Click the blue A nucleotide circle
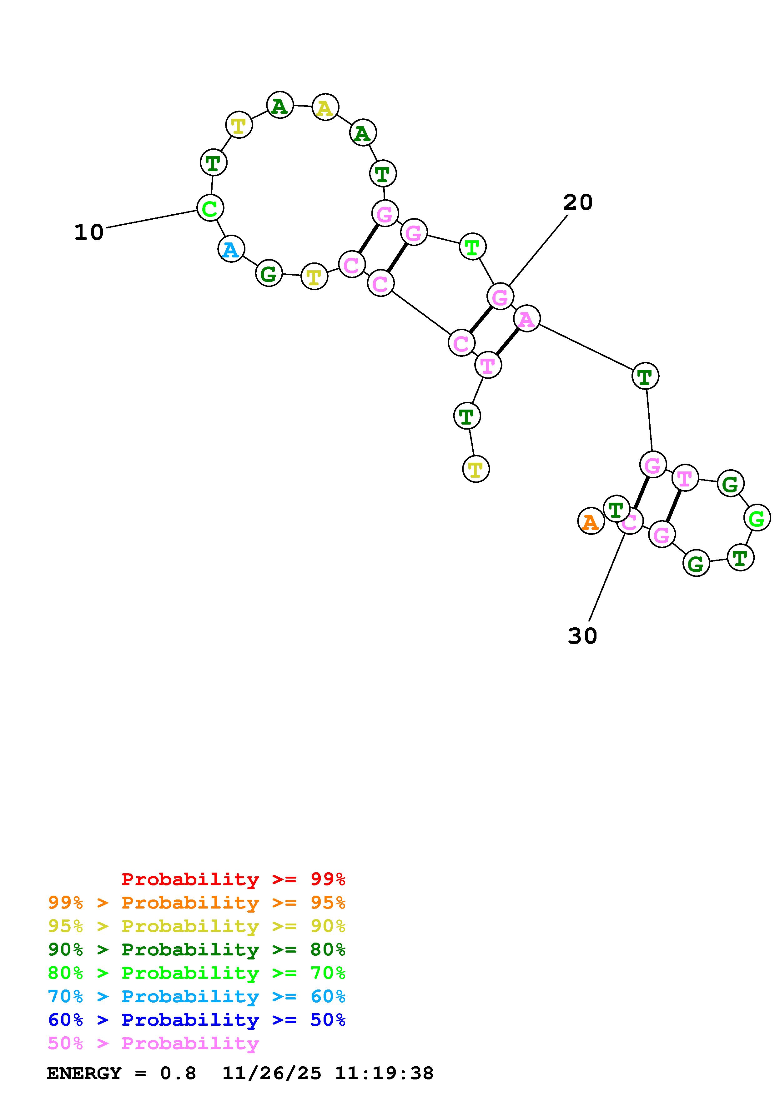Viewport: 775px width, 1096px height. (231, 249)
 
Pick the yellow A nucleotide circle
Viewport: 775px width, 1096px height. (325, 107)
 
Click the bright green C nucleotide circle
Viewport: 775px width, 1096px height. (210, 208)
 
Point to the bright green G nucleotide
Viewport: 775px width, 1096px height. (757, 518)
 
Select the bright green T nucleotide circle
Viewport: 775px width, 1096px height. (472, 247)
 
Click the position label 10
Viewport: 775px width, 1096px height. (89, 232)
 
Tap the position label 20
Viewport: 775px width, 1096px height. (578, 203)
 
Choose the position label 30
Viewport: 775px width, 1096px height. (582, 636)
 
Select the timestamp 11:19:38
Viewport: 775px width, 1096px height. (384, 1073)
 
